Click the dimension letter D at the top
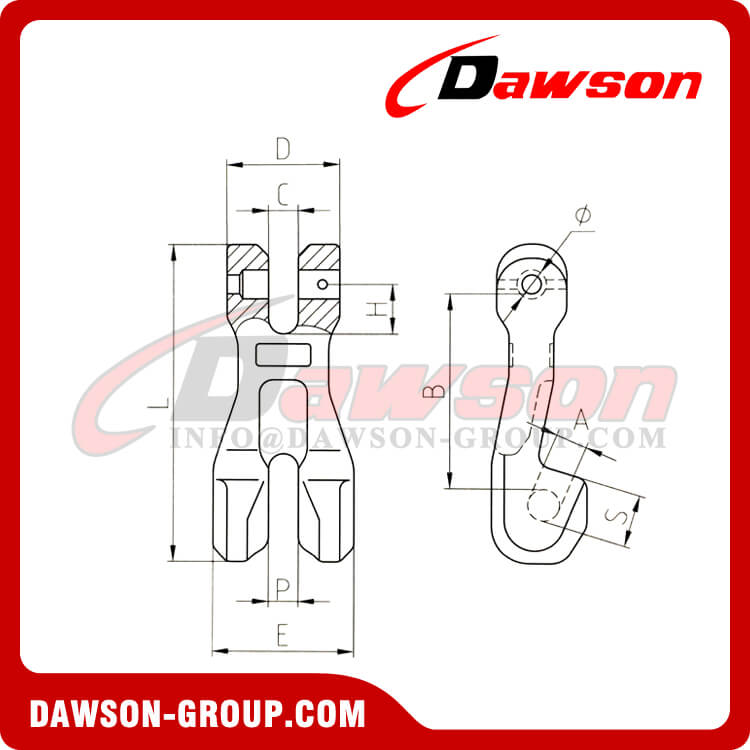point(283,149)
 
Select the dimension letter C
point(283,195)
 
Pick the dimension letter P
point(283,587)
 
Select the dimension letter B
point(434,391)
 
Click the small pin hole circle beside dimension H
point(323,285)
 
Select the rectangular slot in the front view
point(283,355)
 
